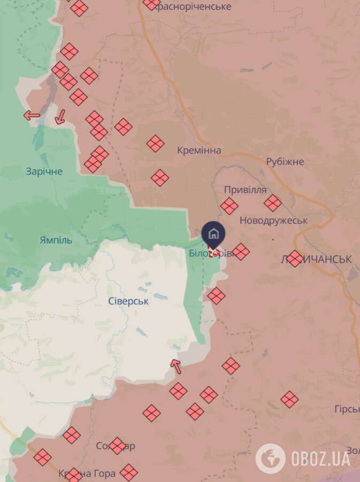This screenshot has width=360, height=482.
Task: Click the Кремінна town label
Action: (199, 151)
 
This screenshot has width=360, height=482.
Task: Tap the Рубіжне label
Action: (285, 161)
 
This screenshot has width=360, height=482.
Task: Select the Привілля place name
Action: (245, 190)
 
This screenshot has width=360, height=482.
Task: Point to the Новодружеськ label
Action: (273, 220)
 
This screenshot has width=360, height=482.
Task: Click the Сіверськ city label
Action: (128, 301)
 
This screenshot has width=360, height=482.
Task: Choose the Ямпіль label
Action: (56, 240)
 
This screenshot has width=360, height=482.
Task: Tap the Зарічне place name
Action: (44, 172)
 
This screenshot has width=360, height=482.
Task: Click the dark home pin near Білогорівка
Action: (213, 235)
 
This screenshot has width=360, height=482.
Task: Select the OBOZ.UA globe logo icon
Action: (270, 458)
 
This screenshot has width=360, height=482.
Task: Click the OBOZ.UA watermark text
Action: (320, 458)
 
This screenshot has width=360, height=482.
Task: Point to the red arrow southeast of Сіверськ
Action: (175, 367)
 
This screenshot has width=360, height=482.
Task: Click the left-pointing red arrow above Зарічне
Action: (32, 115)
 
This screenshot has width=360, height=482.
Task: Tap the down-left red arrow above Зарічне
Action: (60, 116)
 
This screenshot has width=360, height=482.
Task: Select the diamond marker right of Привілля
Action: (273, 203)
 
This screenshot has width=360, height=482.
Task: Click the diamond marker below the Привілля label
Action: (229, 206)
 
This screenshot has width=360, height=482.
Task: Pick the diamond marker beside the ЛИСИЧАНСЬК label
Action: (295, 259)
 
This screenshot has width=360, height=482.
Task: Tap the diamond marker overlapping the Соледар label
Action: (117, 446)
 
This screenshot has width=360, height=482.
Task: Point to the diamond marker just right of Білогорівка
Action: (241, 252)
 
